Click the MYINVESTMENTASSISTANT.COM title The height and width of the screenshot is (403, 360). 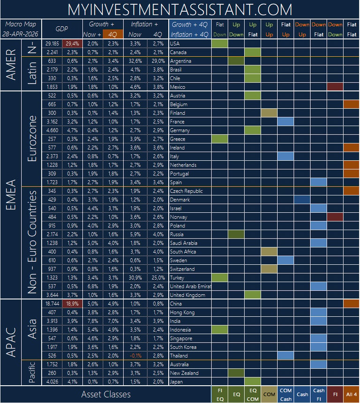click(x=180, y=10)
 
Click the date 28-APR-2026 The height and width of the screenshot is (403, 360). click(x=20, y=34)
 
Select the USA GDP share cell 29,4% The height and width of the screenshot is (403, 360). click(x=72, y=44)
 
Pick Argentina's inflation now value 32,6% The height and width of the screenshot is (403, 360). click(x=135, y=61)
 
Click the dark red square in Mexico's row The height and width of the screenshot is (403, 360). click(x=335, y=87)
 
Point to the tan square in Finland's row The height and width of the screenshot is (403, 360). click(x=269, y=113)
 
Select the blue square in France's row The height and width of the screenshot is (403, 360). click(x=285, y=121)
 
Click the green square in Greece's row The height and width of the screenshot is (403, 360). click(x=219, y=139)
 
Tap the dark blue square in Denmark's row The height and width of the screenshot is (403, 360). click(x=302, y=200)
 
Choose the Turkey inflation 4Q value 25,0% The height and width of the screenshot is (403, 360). click(x=158, y=278)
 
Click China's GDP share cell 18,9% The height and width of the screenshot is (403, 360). click(x=72, y=304)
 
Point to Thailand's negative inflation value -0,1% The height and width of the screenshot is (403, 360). click(x=135, y=356)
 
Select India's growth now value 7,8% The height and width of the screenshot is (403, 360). click(x=92, y=321)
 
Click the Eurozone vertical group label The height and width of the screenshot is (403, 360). click(x=32, y=139)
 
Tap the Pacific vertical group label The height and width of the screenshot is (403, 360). click(x=31, y=373)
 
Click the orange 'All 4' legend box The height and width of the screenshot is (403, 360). click(x=351, y=394)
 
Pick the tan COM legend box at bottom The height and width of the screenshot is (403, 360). click(x=269, y=394)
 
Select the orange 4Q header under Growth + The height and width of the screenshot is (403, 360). click(x=112, y=34)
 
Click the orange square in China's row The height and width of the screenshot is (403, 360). click(x=351, y=304)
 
